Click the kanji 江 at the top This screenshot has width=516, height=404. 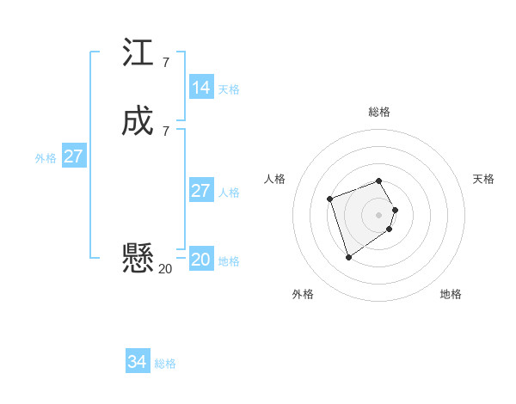pyautogui.click(x=138, y=52)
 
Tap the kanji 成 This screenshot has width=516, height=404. pyautogui.click(x=138, y=120)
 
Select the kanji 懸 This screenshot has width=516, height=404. pyautogui.click(x=138, y=257)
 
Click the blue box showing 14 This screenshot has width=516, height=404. pyautogui.click(x=201, y=88)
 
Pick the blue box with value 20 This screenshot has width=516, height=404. pyautogui.click(x=201, y=260)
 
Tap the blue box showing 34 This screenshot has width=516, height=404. pyautogui.click(x=138, y=362)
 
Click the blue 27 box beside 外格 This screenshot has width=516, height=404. pyautogui.click(x=74, y=156)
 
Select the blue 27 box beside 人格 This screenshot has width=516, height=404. pyautogui.click(x=201, y=191)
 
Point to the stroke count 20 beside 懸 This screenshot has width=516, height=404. pyautogui.click(x=165, y=269)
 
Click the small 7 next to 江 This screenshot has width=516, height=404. pyautogui.click(x=165, y=63)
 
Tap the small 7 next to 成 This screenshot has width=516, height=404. pyautogui.click(x=165, y=131)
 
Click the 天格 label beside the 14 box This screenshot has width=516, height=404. pyautogui.click(x=229, y=89)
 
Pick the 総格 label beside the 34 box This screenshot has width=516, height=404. pyautogui.click(x=165, y=364)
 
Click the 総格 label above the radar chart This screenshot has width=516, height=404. pyautogui.click(x=379, y=112)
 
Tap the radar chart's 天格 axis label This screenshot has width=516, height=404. pyautogui.click(x=484, y=179)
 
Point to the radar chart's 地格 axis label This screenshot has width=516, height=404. pyautogui.click(x=451, y=294)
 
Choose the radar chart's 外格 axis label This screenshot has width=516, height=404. pyautogui.click(x=303, y=294)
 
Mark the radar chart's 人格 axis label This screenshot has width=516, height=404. pyautogui.click(x=275, y=179)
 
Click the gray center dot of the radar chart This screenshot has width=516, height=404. pyautogui.click(x=379, y=214)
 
